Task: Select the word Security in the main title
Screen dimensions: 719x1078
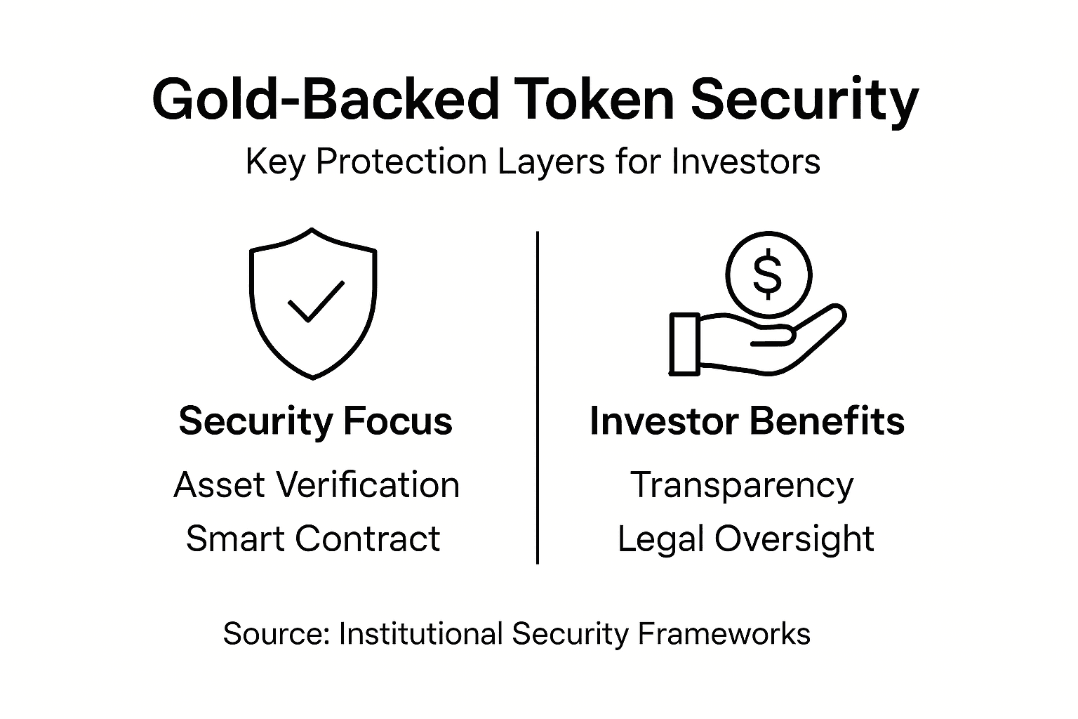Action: click(x=804, y=100)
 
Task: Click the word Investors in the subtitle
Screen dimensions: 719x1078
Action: click(x=745, y=162)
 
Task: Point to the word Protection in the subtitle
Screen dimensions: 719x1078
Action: click(x=401, y=162)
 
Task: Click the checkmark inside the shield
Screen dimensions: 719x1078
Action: click(x=316, y=301)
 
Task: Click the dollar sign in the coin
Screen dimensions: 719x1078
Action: click(x=767, y=274)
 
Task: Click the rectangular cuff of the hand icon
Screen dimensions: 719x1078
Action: click(x=684, y=344)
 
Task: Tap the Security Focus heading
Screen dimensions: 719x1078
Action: click(x=315, y=421)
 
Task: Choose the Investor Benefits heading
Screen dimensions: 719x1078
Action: click(x=747, y=421)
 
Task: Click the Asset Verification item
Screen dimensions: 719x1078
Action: click(x=317, y=484)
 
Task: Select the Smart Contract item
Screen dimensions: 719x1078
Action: click(x=313, y=539)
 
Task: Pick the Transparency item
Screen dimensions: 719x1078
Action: click(x=742, y=484)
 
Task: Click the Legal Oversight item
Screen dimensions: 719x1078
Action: click(x=745, y=539)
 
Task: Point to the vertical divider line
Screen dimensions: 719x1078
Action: click(x=538, y=397)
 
